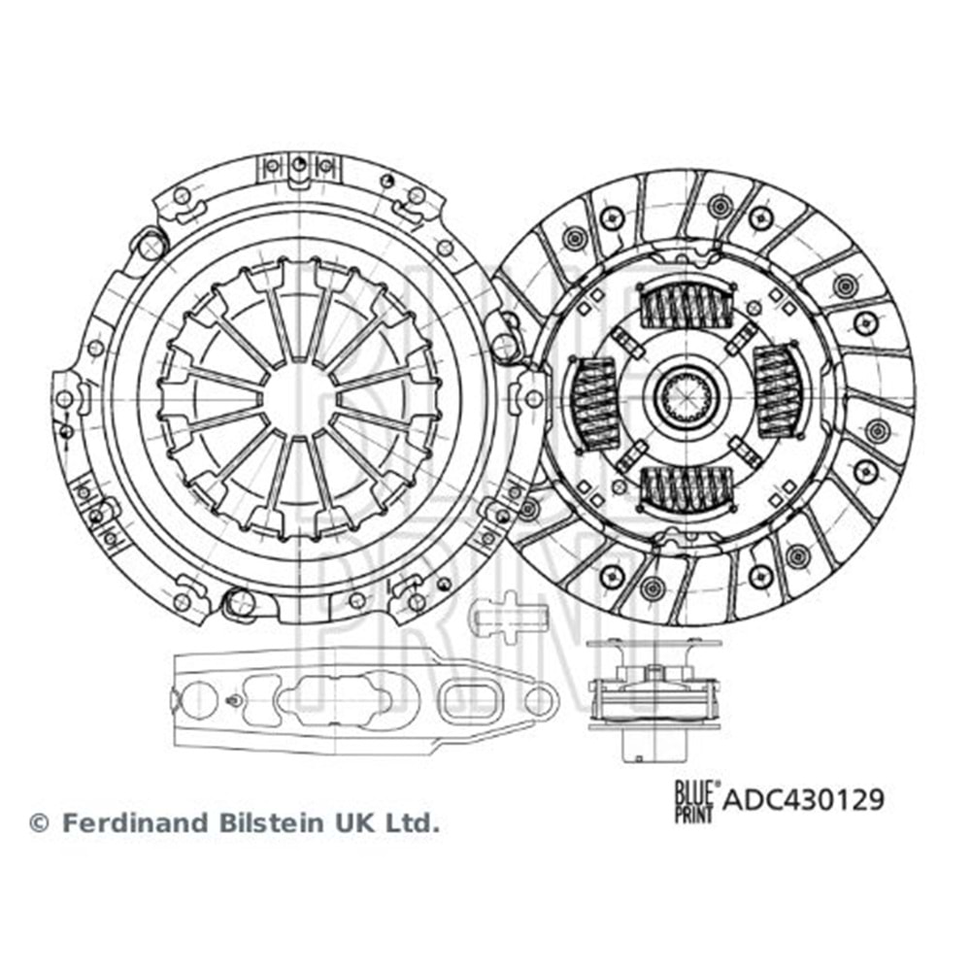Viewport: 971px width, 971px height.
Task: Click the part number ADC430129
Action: point(804,799)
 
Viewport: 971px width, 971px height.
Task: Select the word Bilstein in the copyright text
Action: point(271,823)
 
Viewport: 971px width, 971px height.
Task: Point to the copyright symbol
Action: point(39,823)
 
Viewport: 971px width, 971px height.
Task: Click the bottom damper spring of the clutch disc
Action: point(686,488)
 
